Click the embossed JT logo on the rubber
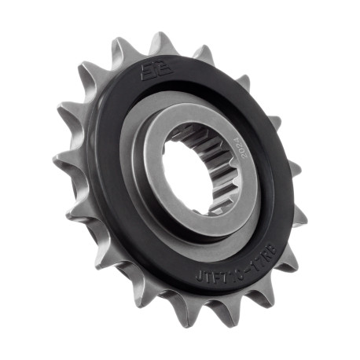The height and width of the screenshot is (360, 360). [150, 70]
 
